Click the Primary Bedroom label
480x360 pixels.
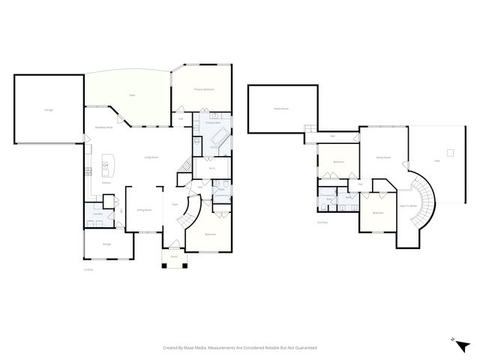204,89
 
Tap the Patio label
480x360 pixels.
132,95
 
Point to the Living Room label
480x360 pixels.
150,157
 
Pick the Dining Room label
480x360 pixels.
144,210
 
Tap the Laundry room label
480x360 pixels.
97,214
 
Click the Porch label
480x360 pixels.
174,256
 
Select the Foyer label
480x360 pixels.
174,204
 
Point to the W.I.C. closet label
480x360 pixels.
212,168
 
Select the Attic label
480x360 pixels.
437,161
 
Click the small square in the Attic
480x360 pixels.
450,153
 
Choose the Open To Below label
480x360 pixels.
409,205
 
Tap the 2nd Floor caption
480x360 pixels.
322,222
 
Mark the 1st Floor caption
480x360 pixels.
88,269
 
